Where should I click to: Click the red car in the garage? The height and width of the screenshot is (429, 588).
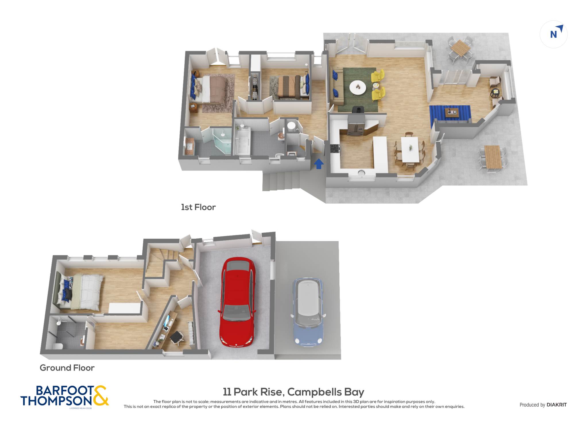point(237,302)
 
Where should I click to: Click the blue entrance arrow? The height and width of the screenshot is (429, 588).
point(319,164)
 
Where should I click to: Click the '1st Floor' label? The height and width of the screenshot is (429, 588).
point(198,207)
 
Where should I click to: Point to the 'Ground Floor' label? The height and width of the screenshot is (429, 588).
point(67,368)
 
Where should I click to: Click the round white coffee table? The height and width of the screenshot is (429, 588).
point(358,87)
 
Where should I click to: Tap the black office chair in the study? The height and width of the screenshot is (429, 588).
point(177,337)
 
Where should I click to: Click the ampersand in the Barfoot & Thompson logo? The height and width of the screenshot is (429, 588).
point(100,395)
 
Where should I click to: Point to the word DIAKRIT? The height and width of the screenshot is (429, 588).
point(557,405)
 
